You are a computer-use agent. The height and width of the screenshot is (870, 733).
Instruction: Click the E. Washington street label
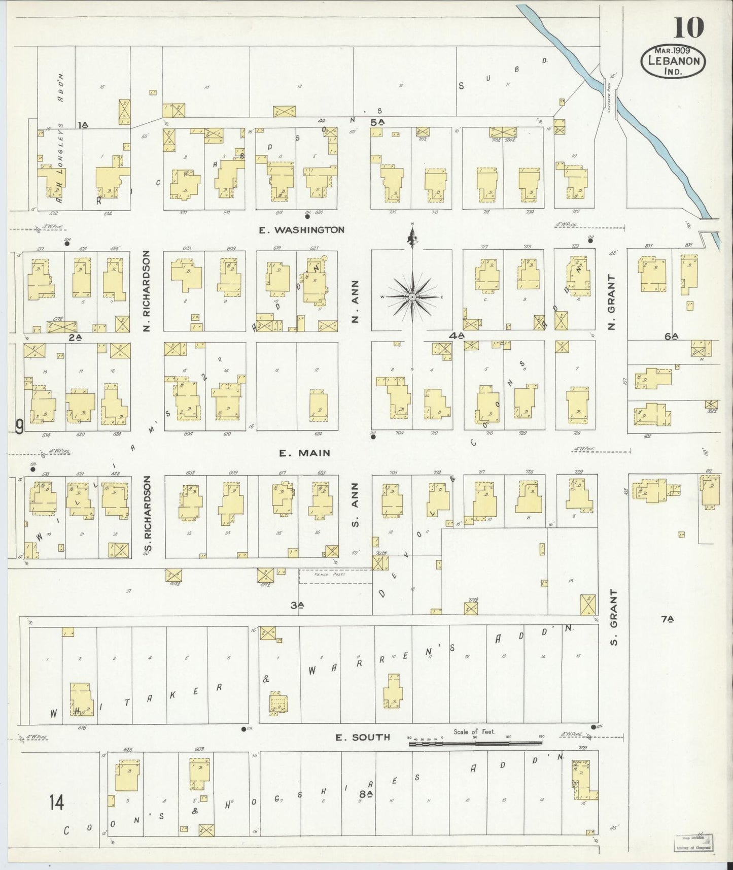click(x=301, y=230)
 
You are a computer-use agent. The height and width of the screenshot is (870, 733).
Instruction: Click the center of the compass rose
click(x=413, y=296)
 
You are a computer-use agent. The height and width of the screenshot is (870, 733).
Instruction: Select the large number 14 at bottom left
click(x=56, y=804)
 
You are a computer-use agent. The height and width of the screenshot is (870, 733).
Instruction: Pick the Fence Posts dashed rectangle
click(x=335, y=576)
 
